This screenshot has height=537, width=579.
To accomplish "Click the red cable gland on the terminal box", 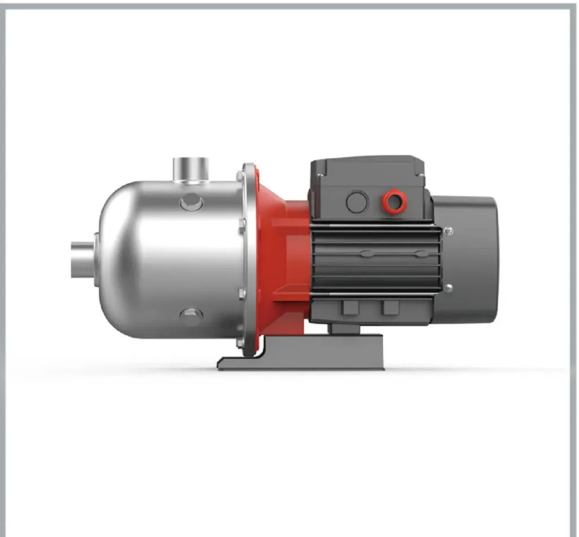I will click(391, 202).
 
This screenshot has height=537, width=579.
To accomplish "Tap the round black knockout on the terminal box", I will click(357, 202).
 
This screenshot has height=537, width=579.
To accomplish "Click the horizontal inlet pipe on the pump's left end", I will click(83, 260).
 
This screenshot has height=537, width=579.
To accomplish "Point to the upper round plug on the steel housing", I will click(191, 202).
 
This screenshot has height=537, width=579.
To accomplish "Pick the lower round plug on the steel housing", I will click(191, 317).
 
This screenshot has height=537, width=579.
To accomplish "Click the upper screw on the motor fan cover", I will click(448, 231).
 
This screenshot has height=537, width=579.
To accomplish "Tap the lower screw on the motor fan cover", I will click(448, 288).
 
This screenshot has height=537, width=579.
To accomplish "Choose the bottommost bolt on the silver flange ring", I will click(241, 343).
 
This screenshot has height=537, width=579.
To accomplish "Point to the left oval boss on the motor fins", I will click(366, 254).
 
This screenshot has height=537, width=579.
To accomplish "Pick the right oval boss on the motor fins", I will click(418, 254).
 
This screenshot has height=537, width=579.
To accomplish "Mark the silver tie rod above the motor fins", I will click(376, 224).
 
